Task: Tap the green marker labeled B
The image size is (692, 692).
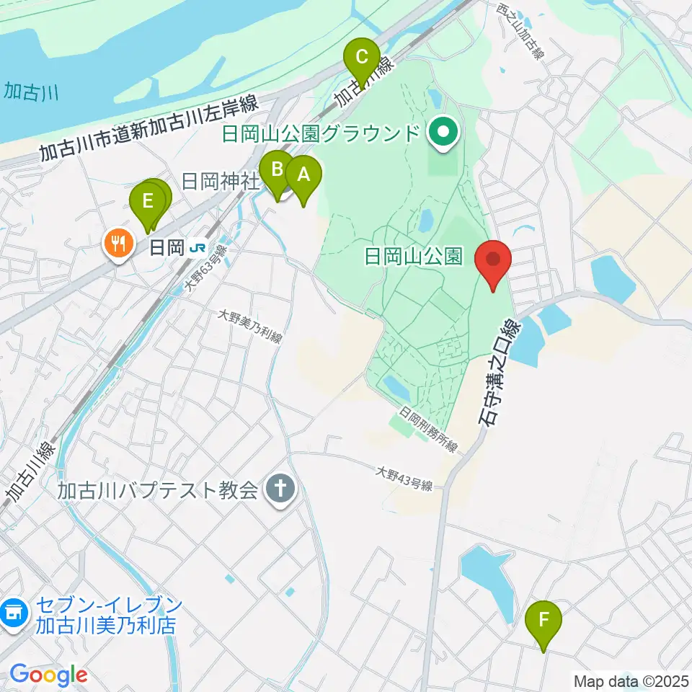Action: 276,172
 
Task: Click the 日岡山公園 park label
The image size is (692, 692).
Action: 414,257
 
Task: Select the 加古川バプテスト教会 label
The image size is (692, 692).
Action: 158,492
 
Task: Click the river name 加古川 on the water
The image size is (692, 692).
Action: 26,93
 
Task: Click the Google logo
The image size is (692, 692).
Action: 48,675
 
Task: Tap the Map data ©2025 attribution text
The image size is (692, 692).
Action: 630,680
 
